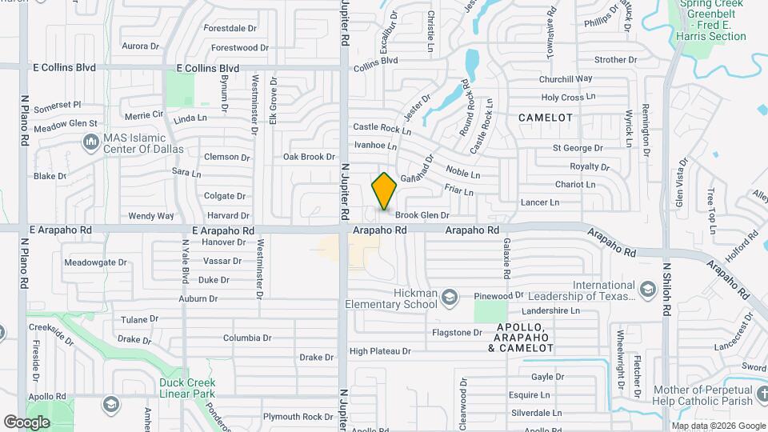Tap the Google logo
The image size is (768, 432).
27,422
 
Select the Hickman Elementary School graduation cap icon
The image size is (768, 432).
449,297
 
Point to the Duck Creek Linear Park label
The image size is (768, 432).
187,388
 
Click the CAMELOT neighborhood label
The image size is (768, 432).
546,118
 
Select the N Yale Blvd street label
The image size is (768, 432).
185,264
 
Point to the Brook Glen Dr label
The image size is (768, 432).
422,215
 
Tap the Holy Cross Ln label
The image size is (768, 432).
568,98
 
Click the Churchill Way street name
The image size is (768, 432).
565,79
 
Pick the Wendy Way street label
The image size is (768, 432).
151,216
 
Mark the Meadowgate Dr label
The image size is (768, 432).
96,262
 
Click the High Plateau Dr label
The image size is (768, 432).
380,351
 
